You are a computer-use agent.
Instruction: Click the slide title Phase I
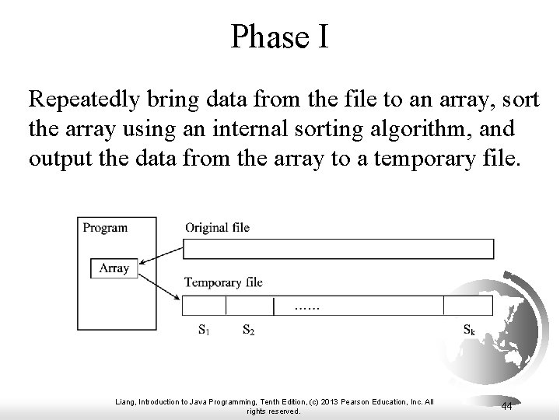279,37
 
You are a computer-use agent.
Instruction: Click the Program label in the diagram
105,228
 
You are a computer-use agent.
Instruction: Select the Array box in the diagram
114,268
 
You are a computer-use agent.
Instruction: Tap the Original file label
217,228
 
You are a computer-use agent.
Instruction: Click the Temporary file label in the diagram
223,282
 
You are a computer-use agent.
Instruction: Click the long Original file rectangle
338,249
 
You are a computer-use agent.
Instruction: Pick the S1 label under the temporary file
203,330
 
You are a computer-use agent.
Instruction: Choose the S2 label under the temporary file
248,330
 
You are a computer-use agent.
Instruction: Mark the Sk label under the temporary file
469,330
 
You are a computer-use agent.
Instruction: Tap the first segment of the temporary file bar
204,304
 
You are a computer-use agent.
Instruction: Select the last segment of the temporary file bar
468,304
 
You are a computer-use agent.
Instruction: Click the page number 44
506,405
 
